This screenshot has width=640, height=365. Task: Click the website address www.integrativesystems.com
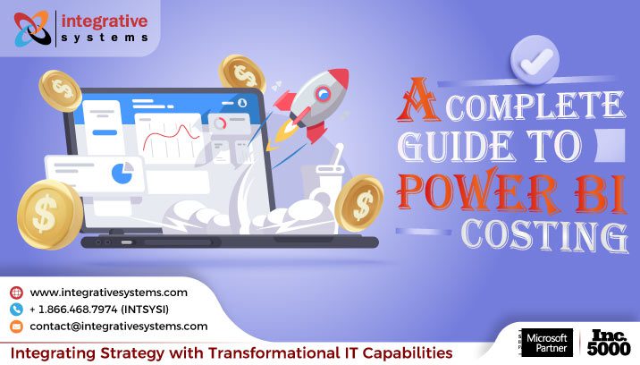(108, 293)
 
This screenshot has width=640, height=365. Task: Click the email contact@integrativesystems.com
(118, 327)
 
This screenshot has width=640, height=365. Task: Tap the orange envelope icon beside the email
(16, 327)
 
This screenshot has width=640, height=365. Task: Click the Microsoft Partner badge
(546, 344)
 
